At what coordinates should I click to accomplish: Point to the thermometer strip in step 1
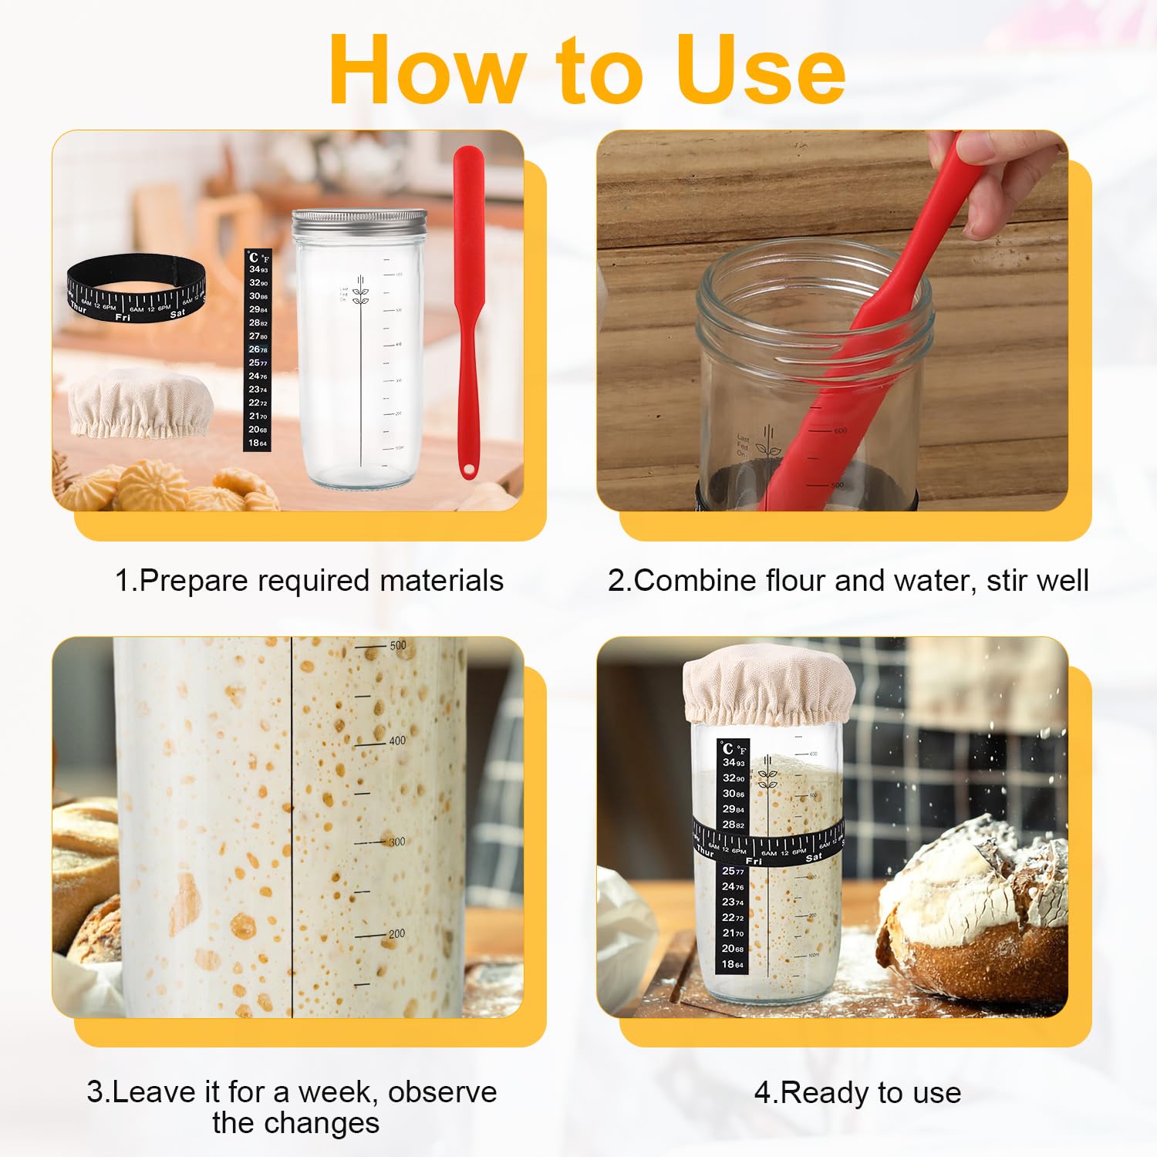[258, 351]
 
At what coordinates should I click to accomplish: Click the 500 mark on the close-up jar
[397, 646]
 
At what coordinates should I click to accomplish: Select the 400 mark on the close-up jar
[396, 740]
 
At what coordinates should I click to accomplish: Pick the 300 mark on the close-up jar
[396, 842]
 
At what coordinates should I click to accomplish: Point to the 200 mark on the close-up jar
[396, 934]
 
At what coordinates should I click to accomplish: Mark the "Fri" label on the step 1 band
[123, 317]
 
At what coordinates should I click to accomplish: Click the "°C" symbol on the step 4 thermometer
[727, 748]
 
